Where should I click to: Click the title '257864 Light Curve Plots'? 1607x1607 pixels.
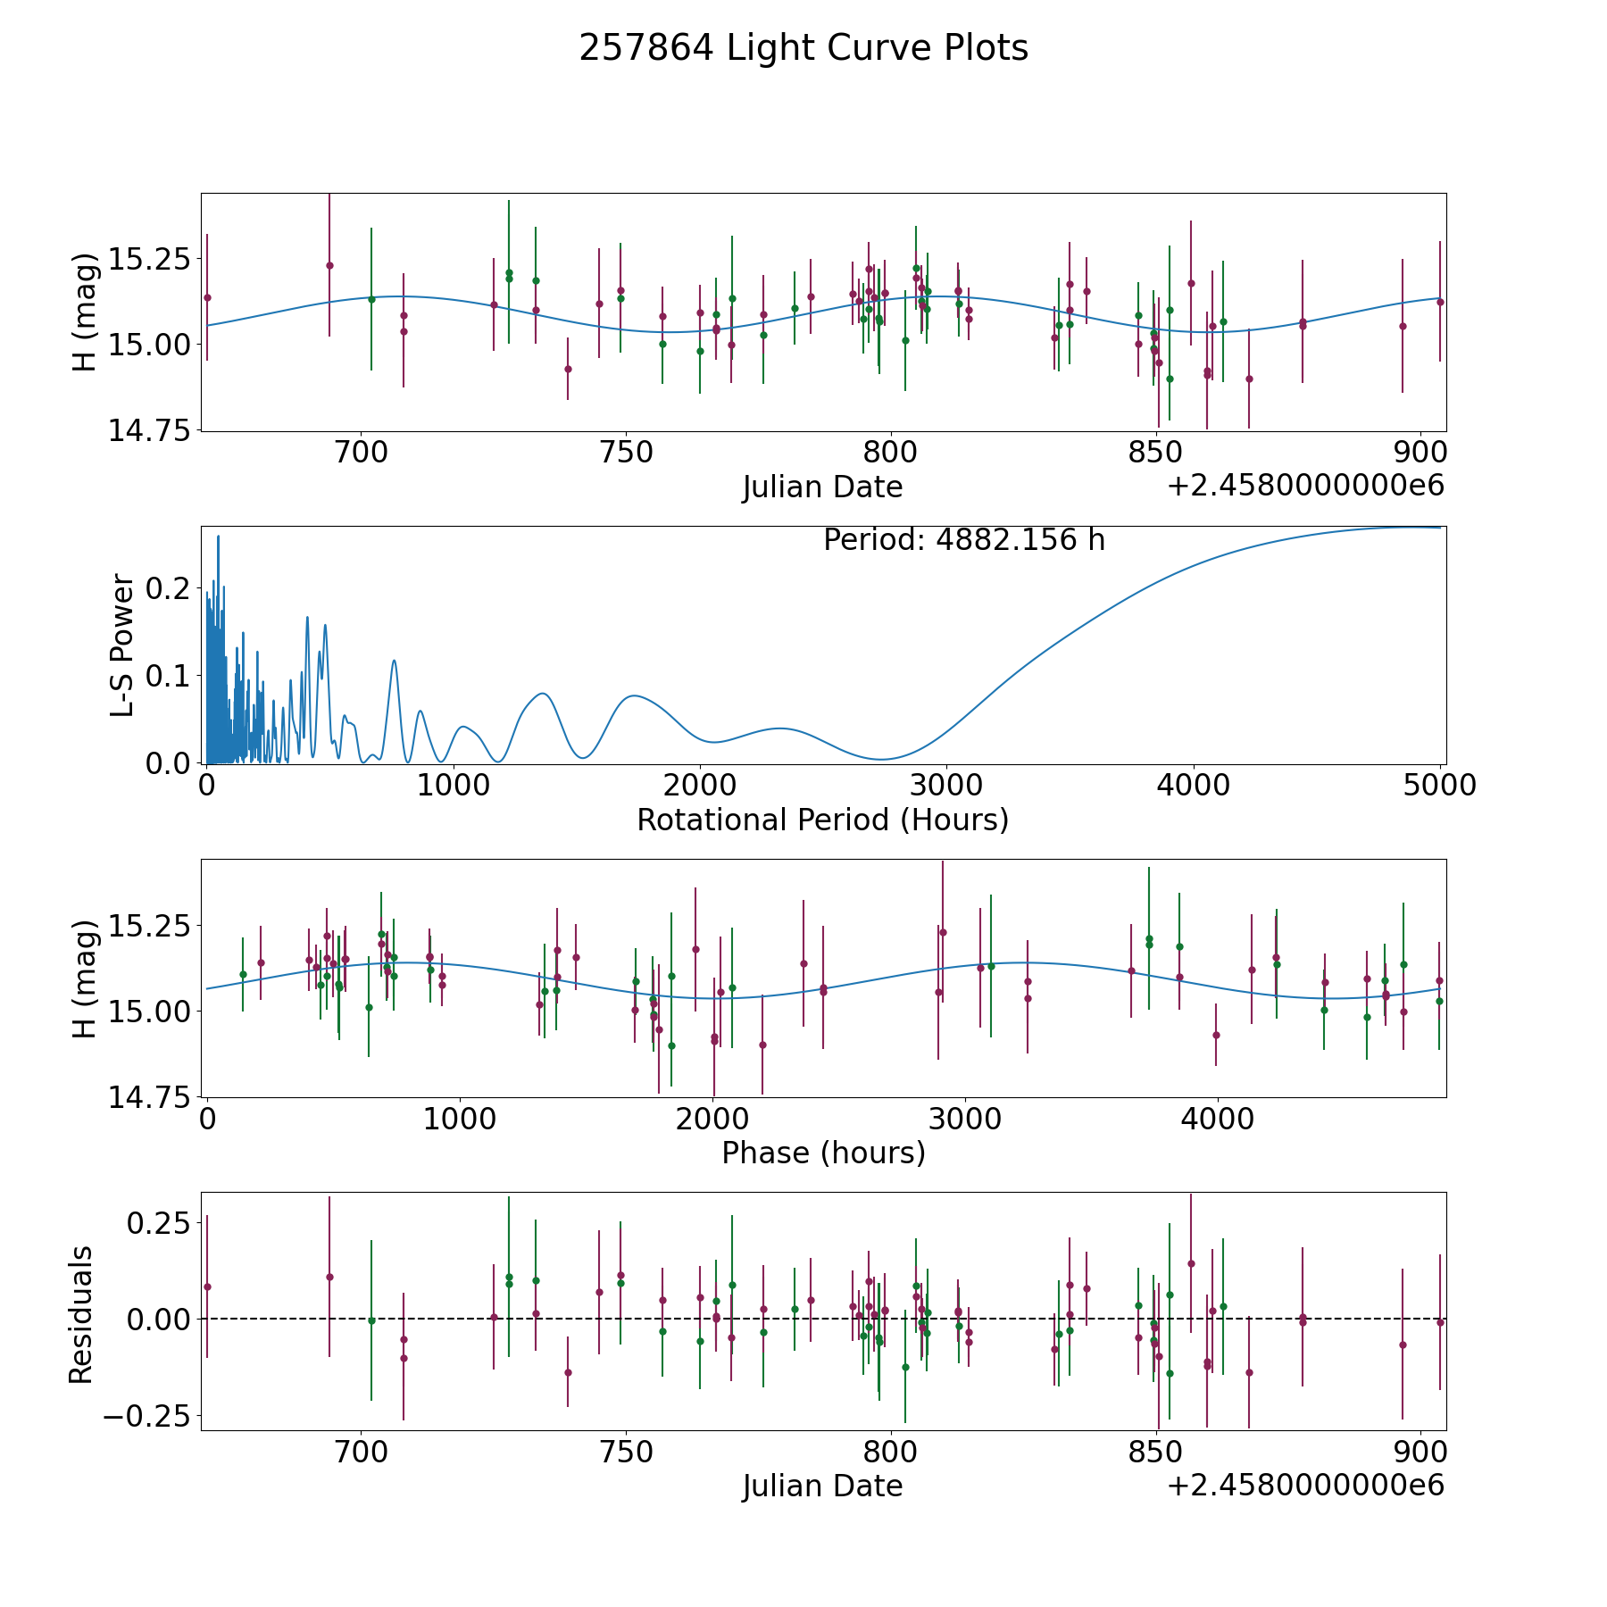[803, 48]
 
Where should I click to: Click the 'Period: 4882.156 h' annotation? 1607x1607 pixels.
[964, 540]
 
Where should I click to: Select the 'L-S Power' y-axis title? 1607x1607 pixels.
[123, 645]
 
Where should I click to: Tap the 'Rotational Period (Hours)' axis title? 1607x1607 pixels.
[822, 820]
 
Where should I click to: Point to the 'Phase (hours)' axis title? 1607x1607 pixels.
[823, 1153]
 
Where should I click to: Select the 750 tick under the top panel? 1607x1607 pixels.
[625, 452]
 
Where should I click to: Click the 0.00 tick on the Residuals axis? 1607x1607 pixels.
[159, 1319]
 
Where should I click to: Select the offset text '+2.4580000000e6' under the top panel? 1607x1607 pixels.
[1305, 486]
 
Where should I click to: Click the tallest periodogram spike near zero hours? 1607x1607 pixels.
[219, 537]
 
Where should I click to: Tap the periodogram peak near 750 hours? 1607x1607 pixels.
[394, 661]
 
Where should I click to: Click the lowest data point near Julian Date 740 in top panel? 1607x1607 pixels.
[568, 369]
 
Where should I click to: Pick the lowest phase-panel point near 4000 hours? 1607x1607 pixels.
[1216, 1035]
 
